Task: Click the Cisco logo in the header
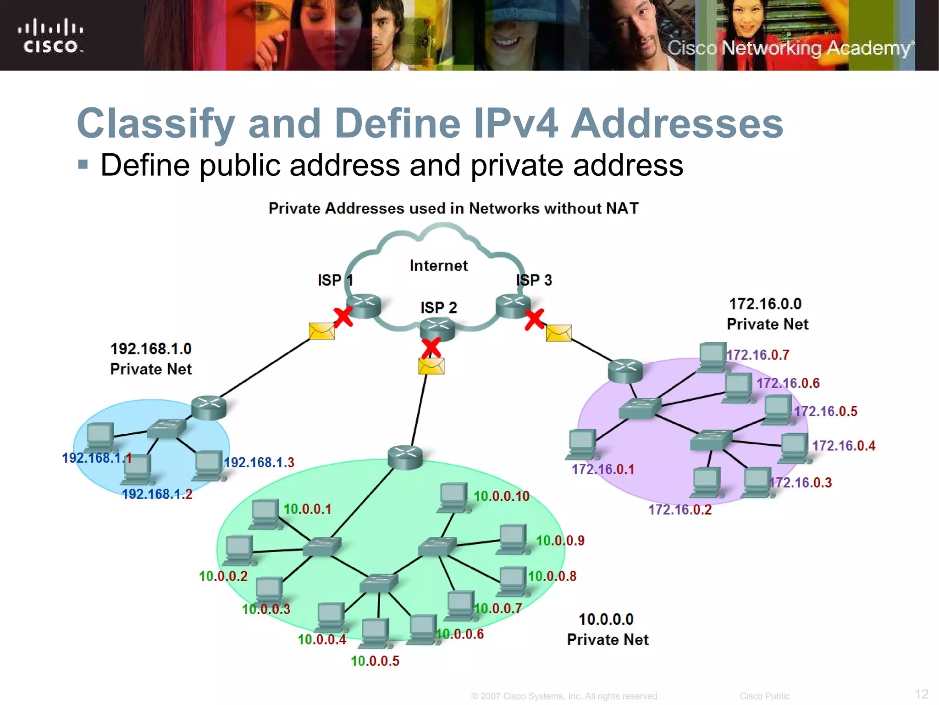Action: click(x=50, y=36)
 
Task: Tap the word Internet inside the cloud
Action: click(x=438, y=266)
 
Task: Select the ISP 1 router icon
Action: click(x=364, y=306)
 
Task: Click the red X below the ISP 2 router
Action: click(x=431, y=348)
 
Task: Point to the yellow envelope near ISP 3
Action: click(x=559, y=333)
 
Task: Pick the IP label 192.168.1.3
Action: click(x=259, y=462)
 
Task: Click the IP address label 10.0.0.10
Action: click(x=501, y=496)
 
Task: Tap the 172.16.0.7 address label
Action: click(x=758, y=355)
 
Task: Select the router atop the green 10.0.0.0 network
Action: click(x=405, y=457)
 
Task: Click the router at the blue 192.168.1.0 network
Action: click(x=209, y=408)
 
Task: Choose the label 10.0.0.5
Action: click(x=375, y=661)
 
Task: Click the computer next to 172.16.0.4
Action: click(x=794, y=448)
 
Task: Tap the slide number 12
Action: click(x=922, y=694)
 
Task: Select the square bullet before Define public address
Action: click(x=83, y=164)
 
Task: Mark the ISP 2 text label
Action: click(x=439, y=308)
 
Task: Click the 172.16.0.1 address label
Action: click(x=603, y=470)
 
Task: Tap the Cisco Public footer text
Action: click(x=764, y=696)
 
